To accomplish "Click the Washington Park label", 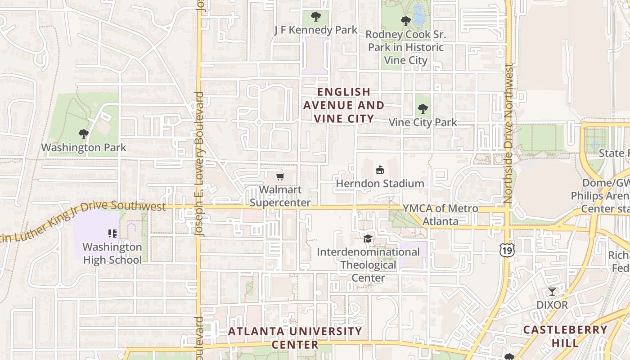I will tap(84, 148).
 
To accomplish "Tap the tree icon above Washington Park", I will tap(83, 134).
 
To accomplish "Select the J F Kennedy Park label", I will tap(316, 30).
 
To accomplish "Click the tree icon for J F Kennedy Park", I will tap(316, 17).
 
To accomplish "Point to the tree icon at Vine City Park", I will tap(423, 108).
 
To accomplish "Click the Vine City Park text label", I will tap(423, 122).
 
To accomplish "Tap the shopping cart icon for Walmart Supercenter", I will tap(280, 176).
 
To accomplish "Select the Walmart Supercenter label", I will tap(280, 196).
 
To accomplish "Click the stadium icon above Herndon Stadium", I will tap(380, 170).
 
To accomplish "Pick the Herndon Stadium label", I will tap(380, 184).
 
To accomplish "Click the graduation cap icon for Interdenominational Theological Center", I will tap(368, 238).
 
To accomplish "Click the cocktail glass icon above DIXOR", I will tap(552, 291).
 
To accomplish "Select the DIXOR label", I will tap(552, 305).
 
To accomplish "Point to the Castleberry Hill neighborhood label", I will tap(565, 336).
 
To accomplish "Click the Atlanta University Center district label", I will tap(295, 338).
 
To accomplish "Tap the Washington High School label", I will tap(112, 253).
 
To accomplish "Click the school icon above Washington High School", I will tap(112, 233).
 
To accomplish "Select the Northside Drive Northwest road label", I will tap(508, 134).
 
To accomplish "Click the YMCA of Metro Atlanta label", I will tap(440, 215).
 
